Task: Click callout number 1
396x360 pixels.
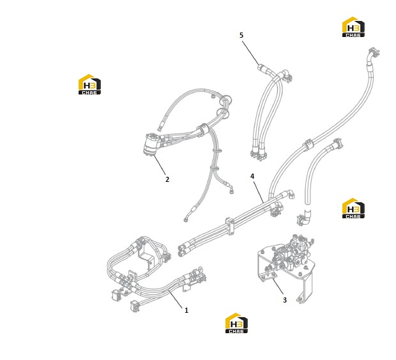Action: [x=187, y=310]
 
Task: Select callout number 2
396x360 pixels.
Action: [x=167, y=179]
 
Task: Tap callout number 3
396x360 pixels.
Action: [x=285, y=300]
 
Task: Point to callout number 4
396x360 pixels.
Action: [x=252, y=176]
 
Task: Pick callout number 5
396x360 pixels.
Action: [x=241, y=35]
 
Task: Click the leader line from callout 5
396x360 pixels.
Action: [x=250, y=53]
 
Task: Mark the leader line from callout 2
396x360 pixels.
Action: [x=160, y=165]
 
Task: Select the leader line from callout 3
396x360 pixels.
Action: [x=278, y=287]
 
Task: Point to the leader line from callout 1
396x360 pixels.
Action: [x=176, y=299]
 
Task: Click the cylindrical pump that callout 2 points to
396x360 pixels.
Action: [x=151, y=144]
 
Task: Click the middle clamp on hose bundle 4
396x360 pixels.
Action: [x=230, y=225]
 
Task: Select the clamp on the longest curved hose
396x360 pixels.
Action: [x=308, y=144]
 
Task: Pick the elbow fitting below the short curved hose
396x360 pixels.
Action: [x=304, y=218]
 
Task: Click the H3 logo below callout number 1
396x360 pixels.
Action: [x=236, y=324]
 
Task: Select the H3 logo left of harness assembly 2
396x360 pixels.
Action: [x=89, y=84]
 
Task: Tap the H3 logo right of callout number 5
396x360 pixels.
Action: [x=353, y=27]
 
